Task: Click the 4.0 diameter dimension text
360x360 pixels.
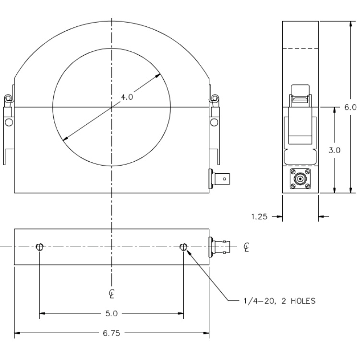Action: (x=127, y=97)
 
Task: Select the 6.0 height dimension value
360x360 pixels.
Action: (x=350, y=107)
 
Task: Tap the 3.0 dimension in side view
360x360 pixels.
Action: (x=334, y=150)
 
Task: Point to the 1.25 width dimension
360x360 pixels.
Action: (x=259, y=216)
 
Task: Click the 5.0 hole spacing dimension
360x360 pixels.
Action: (x=111, y=313)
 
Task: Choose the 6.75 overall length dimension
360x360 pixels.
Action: (x=111, y=333)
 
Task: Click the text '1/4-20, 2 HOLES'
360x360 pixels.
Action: (x=280, y=301)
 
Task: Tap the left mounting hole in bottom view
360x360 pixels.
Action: (x=39, y=247)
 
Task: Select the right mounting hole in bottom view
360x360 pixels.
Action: (x=183, y=247)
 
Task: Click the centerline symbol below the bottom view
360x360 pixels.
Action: (x=111, y=294)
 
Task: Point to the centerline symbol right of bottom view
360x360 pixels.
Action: (x=246, y=247)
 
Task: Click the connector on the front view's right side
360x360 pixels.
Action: (x=219, y=179)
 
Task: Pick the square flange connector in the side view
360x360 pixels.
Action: (x=300, y=179)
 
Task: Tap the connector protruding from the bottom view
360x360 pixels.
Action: (x=219, y=247)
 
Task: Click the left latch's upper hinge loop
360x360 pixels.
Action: (x=8, y=98)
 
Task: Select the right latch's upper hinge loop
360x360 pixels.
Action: (x=215, y=98)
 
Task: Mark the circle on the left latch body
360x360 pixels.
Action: (x=9, y=122)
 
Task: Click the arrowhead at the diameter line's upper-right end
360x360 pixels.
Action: (x=158, y=75)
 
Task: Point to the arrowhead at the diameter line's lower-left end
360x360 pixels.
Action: (x=65, y=138)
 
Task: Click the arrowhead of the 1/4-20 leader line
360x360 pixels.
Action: (x=189, y=252)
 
